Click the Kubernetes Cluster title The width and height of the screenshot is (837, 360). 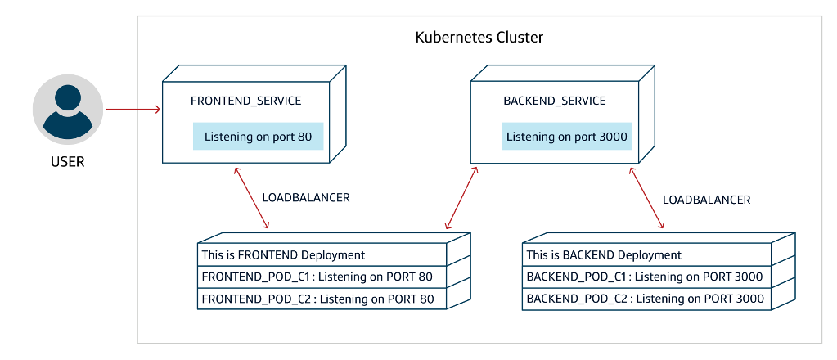pyautogui.click(x=479, y=38)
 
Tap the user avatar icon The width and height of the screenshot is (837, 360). pyautogui.click(x=68, y=110)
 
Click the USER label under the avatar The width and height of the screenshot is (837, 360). pyautogui.click(x=68, y=162)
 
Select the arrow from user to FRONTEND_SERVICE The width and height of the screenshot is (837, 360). pyautogui.click(x=133, y=108)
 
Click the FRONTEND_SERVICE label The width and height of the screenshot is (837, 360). pyautogui.click(x=245, y=101)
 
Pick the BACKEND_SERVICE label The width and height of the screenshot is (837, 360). pyautogui.click(x=554, y=101)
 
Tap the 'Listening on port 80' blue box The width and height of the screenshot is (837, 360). pyautogui.click(x=259, y=137)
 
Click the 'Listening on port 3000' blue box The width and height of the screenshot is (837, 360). pyautogui.click(x=567, y=137)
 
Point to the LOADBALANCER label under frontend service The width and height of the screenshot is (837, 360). pyautogui.click(x=305, y=198)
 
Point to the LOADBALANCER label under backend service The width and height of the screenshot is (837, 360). pyautogui.click(x=706, y=200)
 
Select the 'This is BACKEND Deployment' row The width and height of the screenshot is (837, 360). pyautogui.click(x=646, y=255)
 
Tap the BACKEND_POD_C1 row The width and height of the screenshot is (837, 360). pyautogui.click(x=646, y=277)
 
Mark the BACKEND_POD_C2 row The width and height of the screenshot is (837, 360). pyautogui.click(x=646, y=299)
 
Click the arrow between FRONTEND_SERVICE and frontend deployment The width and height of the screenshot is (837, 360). pyautogui.click(x=251, y=197)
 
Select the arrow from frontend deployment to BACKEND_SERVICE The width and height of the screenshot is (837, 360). pyautogui.click(x=461, y=197)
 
